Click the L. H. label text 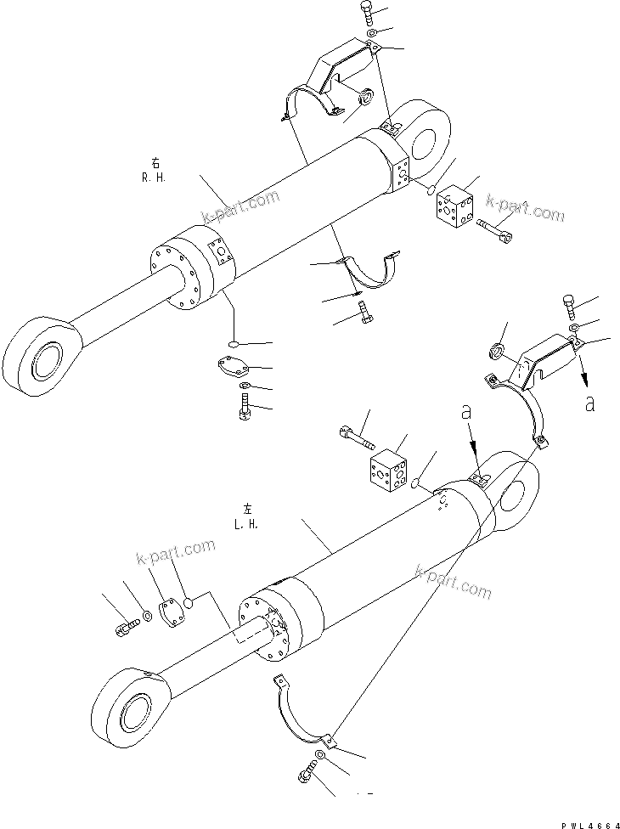[x=246, y=523]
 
